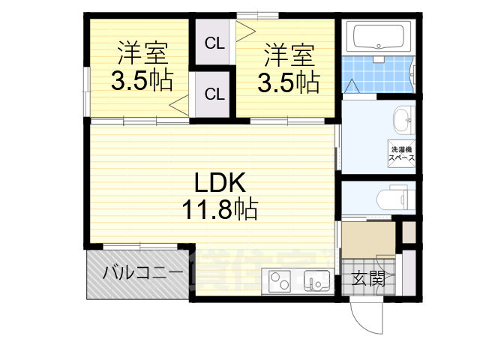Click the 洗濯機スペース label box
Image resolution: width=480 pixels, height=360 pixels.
click(402, 153)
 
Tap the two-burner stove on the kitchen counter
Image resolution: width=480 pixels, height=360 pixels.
click(279, 283)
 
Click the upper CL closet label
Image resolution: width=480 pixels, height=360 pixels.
click(214, 43)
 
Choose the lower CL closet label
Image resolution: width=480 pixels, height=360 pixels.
click(214, 94)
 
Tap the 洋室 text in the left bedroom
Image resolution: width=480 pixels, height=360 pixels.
click(141, 53)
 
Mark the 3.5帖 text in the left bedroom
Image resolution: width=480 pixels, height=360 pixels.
click(142, 79)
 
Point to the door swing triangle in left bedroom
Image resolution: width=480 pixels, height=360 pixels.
click(180, 104)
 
